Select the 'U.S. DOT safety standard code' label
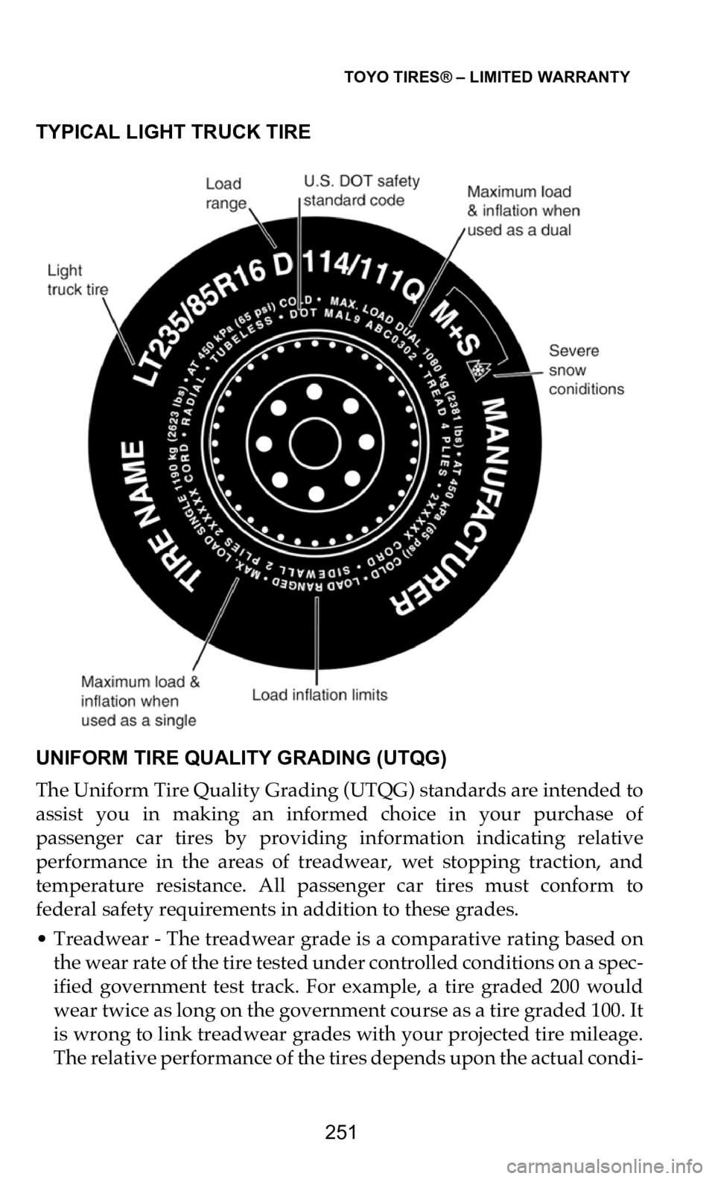coord(361,191)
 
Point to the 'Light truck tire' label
coord(77,279)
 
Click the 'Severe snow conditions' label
coord(585,370)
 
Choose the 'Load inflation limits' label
coord(320,695)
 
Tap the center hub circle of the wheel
coord(314,442)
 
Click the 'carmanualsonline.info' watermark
coord(639,1166)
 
